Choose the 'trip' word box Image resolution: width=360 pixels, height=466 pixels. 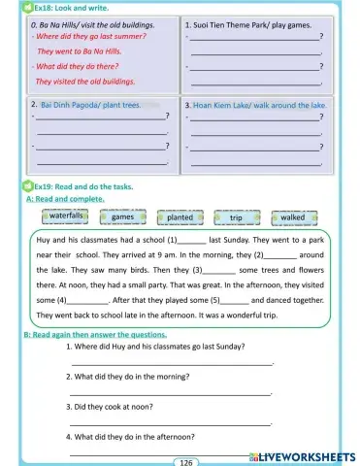236,217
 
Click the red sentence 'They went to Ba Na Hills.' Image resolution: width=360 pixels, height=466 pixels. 79,50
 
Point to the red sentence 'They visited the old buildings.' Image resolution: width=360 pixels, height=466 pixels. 84,82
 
